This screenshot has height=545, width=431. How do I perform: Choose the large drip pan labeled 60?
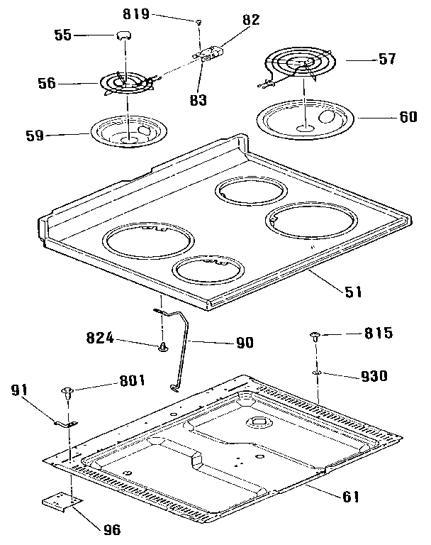pos(306,119)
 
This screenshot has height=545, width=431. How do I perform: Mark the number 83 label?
pos(201,100)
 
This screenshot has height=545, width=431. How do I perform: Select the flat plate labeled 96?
pos(58,502)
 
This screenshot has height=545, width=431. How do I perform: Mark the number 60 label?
pos(408,116)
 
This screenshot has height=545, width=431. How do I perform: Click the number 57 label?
pos(386,60)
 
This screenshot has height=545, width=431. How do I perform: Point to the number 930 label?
pos(373,376)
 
